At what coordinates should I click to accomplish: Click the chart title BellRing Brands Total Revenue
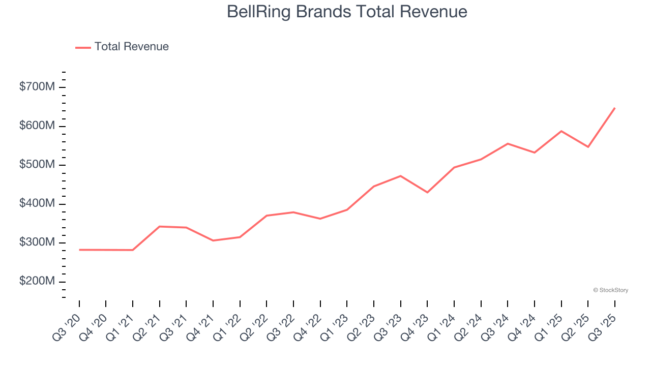click(x=347, y=12)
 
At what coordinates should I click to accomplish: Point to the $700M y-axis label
click(x=37, y=87)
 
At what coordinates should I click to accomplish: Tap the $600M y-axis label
click(x=37, y=126)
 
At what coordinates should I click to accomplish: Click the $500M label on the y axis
click(x=37, y=165)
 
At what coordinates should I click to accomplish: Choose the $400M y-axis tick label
click(x=37, y=204)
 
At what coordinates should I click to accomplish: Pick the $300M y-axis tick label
click(x=37, y=243)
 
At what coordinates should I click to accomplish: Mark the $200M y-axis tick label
click(x=37, y=282)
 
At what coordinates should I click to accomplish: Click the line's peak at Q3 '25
click(x=614, y=108)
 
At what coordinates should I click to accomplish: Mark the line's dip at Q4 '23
click(x=427, y=192)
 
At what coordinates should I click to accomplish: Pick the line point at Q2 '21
click(x=160, y=226)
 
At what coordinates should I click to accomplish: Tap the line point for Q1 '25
click(x=561, y=131)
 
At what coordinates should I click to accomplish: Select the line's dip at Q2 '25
click(x=588, y=147)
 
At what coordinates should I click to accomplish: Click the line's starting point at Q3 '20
click(x=79, y=250)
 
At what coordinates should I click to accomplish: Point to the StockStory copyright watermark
click(x=610, y=290)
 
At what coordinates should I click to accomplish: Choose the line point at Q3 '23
click(x=401, y=176)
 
